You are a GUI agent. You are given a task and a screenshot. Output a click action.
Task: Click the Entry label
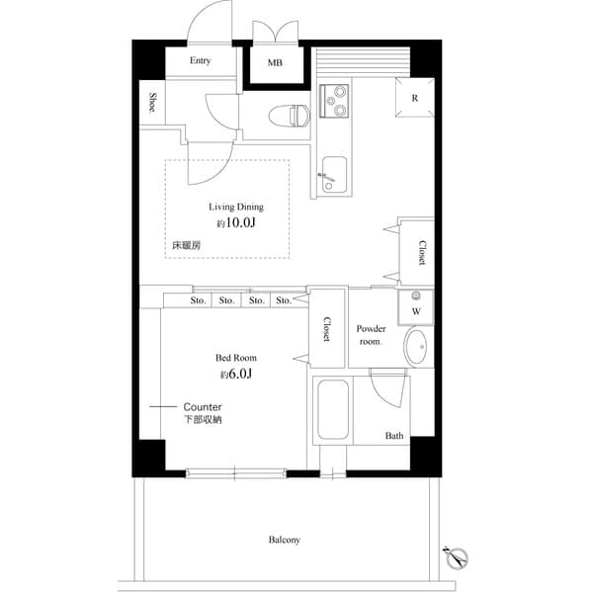(x=200, y=60)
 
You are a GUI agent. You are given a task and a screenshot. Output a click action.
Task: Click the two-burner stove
(x=334, y=102)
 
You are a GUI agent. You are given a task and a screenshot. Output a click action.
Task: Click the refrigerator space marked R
(x=414, y=98)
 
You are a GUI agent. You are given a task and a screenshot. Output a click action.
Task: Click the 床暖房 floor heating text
(x=185, y=243)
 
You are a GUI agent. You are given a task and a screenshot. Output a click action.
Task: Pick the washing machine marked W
(x=415, y=309)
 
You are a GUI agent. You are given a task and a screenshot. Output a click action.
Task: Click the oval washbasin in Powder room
(x=417, y=348)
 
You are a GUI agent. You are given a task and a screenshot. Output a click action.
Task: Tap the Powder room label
(x=371, y=334)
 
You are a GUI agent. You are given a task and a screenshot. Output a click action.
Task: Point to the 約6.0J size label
(x=235, y=375)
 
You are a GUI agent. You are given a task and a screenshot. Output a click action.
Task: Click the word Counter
(x=203, y=407)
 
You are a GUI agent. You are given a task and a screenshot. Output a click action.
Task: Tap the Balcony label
(x=284, y=540)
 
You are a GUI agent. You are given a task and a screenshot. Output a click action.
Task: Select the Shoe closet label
(x=152, y=102)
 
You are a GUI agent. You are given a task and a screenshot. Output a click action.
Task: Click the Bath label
(x=394, y=436)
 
